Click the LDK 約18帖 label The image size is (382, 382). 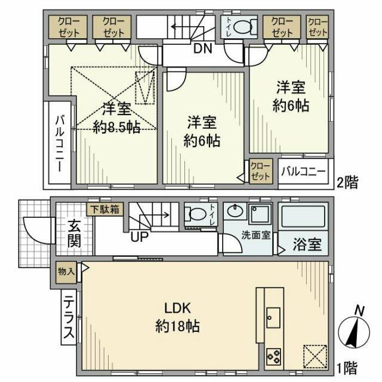pyautogui.click(x=177, y=318)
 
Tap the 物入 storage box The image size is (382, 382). pyautogui.click(x=66, y=271)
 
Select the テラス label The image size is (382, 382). pyautogui.click(x=68, y=319)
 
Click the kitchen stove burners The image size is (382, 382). pyautogui.click(x=275, y=357)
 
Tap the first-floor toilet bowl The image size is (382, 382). pyautogui.click(x=195, y=215)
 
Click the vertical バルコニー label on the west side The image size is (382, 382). pyautogui.click(x=60, y=143)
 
